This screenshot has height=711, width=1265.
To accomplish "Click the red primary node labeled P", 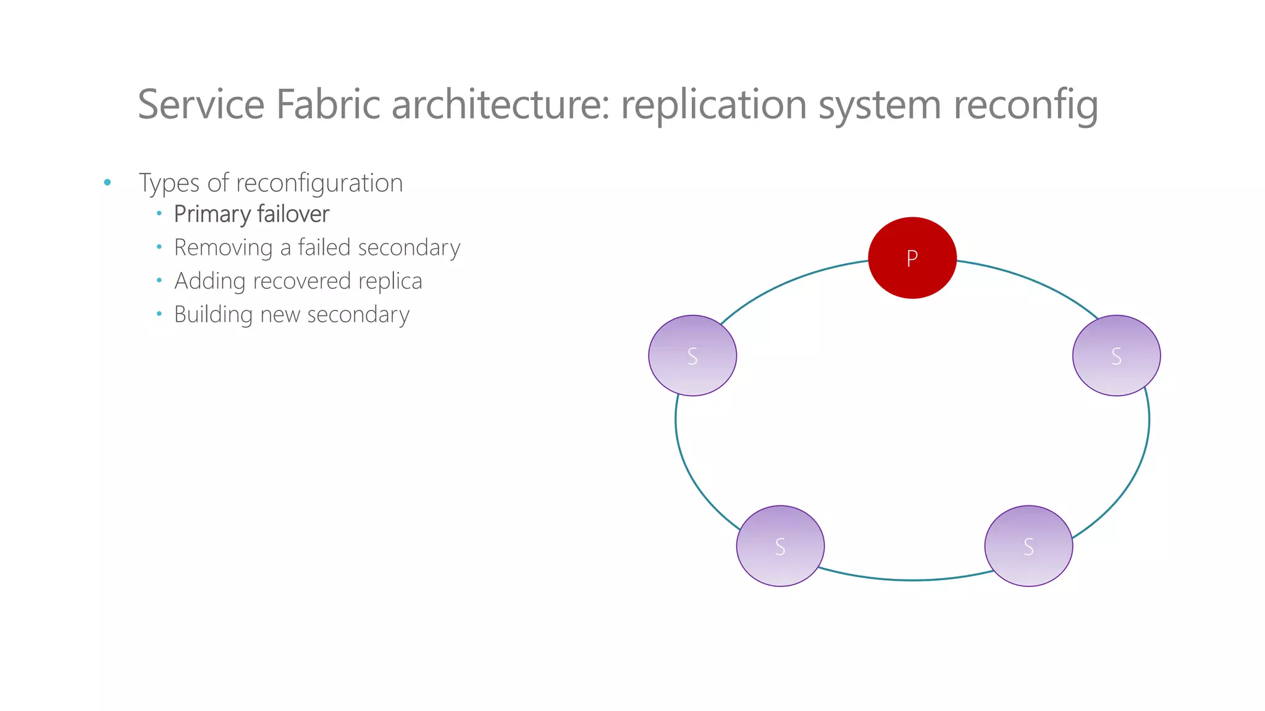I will coord(912,258).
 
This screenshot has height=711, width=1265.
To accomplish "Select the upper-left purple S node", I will coord(692,355).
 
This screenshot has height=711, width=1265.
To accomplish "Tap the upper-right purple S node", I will coord(1116,355).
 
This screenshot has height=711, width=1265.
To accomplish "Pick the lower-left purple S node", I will coord(780,546).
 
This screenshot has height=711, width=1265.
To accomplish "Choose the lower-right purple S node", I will coord(1028,546).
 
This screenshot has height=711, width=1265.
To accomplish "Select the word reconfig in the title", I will coord(1026,105).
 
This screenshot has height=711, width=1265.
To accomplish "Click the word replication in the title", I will coord(714,105).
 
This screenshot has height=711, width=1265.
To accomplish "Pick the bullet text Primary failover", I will coord(251,214).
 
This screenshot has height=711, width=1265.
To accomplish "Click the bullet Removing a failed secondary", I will coord(317,247).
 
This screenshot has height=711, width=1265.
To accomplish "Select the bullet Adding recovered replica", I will coord(298,281).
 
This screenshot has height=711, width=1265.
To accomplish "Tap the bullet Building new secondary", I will coord(292,315).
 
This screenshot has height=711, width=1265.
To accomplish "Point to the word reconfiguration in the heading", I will coord(319,183).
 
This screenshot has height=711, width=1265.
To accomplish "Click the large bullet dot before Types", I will coord(107,182).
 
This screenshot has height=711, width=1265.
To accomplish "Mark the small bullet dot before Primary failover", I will coord(159,214).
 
